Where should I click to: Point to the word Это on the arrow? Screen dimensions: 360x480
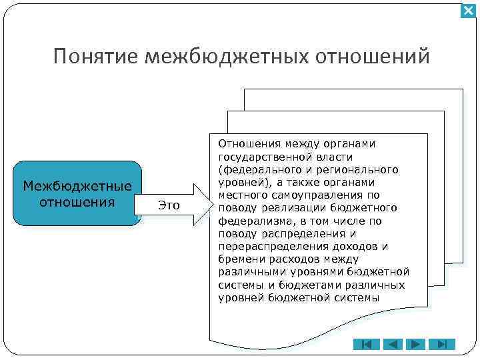click(x=169, y=205)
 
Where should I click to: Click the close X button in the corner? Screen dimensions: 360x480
click(x=469, y=11)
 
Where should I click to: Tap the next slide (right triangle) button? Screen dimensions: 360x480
click(x=417, y=345)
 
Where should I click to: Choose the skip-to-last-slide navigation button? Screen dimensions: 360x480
click(x=441, y=345)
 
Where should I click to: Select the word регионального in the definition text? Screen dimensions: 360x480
click(x=363, y=169)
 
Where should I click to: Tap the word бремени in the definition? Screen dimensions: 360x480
click(x=239, y=259)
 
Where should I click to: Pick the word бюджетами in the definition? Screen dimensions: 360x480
click(x=307, y=285)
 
